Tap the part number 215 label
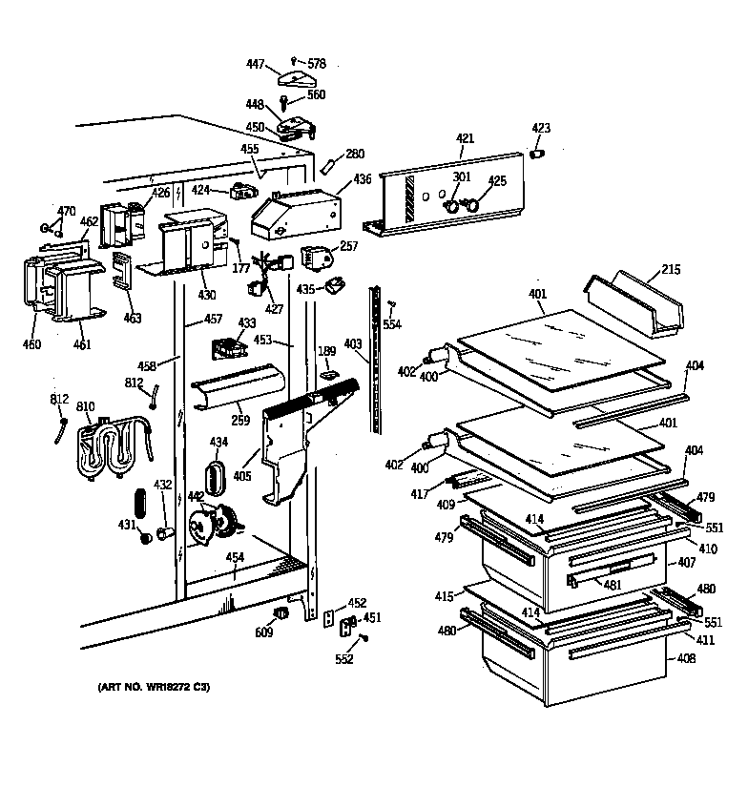(x=671, y=271)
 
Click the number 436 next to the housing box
(x=363, y=178)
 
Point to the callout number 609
(x=262, y=632)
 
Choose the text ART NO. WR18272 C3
(x=153, y=687)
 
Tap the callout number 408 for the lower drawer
(x=686, y=658)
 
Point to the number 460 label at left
(x=31, y=344)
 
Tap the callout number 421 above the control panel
(x=465, y=139)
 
